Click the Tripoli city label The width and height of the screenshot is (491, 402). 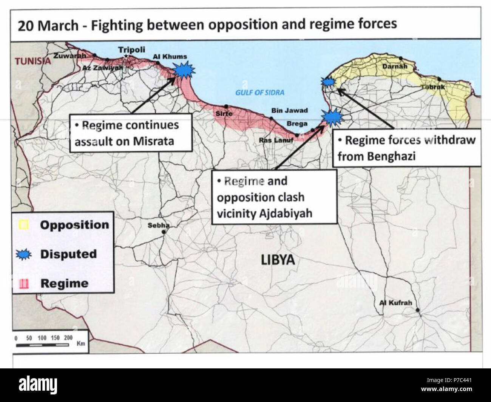[x=131, y=50]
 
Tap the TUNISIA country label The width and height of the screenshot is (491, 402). [x=32, y=61]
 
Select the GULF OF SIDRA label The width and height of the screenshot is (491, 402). [x=260, y=93]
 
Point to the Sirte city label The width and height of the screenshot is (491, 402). [x=224, y=113]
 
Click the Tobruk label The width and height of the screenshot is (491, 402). [x=433, y=87]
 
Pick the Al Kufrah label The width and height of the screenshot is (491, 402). [x=395, y=303]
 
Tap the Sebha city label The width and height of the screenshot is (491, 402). [x=158, y=226]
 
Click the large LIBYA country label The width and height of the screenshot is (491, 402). [x=278, y=260]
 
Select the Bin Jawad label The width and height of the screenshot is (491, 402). [x=289, y=110]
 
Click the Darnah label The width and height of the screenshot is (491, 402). [x=395, y=66]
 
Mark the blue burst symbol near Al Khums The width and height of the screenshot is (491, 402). [x=184, y=70]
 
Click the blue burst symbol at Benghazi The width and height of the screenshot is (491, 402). [x=327, y=82]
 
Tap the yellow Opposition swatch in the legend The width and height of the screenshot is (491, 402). [x=24, y=225]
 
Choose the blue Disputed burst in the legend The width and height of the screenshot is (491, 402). [x=24, y=255]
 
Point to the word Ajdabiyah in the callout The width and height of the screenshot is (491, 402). [x=286, y=213]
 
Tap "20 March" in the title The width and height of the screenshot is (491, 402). [x=48, y=26]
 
